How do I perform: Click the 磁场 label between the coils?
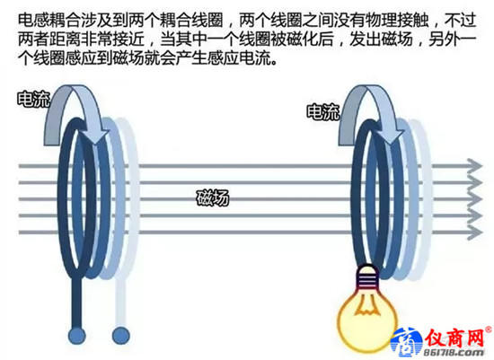click(x=213, y=198)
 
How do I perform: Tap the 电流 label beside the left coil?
click(x=34, y=100)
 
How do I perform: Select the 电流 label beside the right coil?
click(x=323, y=112)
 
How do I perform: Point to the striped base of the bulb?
click(x=367, y=277)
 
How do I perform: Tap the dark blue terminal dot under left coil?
click(x=76, y=336)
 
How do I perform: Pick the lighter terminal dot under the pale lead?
click(x=121, y=336)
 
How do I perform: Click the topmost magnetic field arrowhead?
click(x=475, y=166)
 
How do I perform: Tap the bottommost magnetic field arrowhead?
click(x=475, y=233)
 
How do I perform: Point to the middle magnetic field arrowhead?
click(x=475, y=199)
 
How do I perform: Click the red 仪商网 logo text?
click(x=455, y=338)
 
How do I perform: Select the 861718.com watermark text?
click(x=453, y=353)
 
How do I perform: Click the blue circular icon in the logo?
click(x=407, y=343)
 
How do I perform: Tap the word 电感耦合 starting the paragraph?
click(x=49, y=20)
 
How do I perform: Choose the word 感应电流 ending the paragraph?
click(x=240, y=57)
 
